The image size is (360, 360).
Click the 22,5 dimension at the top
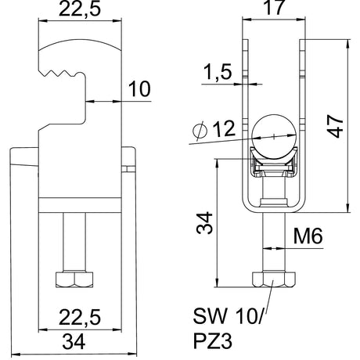pyautogui.click(x=80, y=9)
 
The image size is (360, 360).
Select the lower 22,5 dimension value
pyautogui.click(x=80, y=318)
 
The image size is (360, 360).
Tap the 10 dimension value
pyautogui.click(x=139, y=89)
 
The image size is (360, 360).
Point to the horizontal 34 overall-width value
pyautogui.click(x=74, y=342)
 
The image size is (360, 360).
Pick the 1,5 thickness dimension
pyautogui.click(x=218, y=72)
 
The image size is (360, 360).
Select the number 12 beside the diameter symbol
pyautogui.click(x=224, y=128)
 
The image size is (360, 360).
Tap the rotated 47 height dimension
pyautogui.click(x=336, y=127)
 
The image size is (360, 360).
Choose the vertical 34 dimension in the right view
pyautogui.click(x=205, y=223)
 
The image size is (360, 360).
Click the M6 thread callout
pyautogui.click(x=308, y=236)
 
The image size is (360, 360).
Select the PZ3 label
pyautogui.click(x=213, y=341)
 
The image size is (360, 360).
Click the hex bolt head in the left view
pyautogui.click(x=74, y=280)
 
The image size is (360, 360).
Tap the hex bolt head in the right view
pyautogui.click(x=274, y=279)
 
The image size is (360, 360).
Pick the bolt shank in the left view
pyautogui.click(x=74, y=243)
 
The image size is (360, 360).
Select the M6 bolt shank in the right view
pyautogui.click(x=274, y=243)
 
